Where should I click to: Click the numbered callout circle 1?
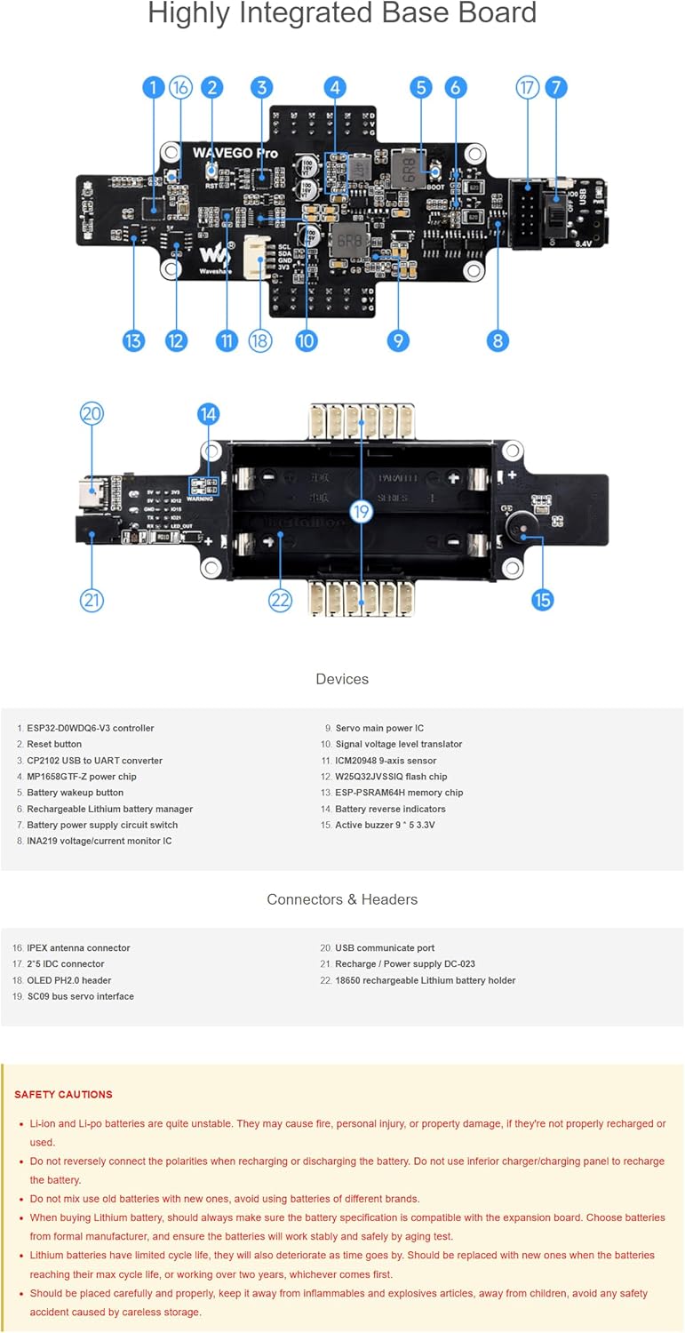[x=153, y=87]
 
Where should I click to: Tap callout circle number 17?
[x=528, y=87]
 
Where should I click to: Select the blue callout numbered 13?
[x=132, y=340]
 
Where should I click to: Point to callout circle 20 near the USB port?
[x=92, y=413]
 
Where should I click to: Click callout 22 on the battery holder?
[x=280, y=600]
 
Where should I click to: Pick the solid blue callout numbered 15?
[x=542, y=600]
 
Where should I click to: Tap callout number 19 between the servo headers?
[x=361, y=511]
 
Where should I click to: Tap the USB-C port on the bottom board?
[x=92, y=491]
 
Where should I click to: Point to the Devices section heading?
[x=342, y=679]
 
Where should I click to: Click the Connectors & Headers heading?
[x=342, y=899]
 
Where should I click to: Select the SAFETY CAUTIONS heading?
[x=63, y=1094]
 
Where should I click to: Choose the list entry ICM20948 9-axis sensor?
[x=386, y=761]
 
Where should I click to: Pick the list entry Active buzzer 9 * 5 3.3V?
[x=385, y=825]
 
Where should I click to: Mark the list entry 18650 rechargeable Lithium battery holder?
[x=425, y=980]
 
